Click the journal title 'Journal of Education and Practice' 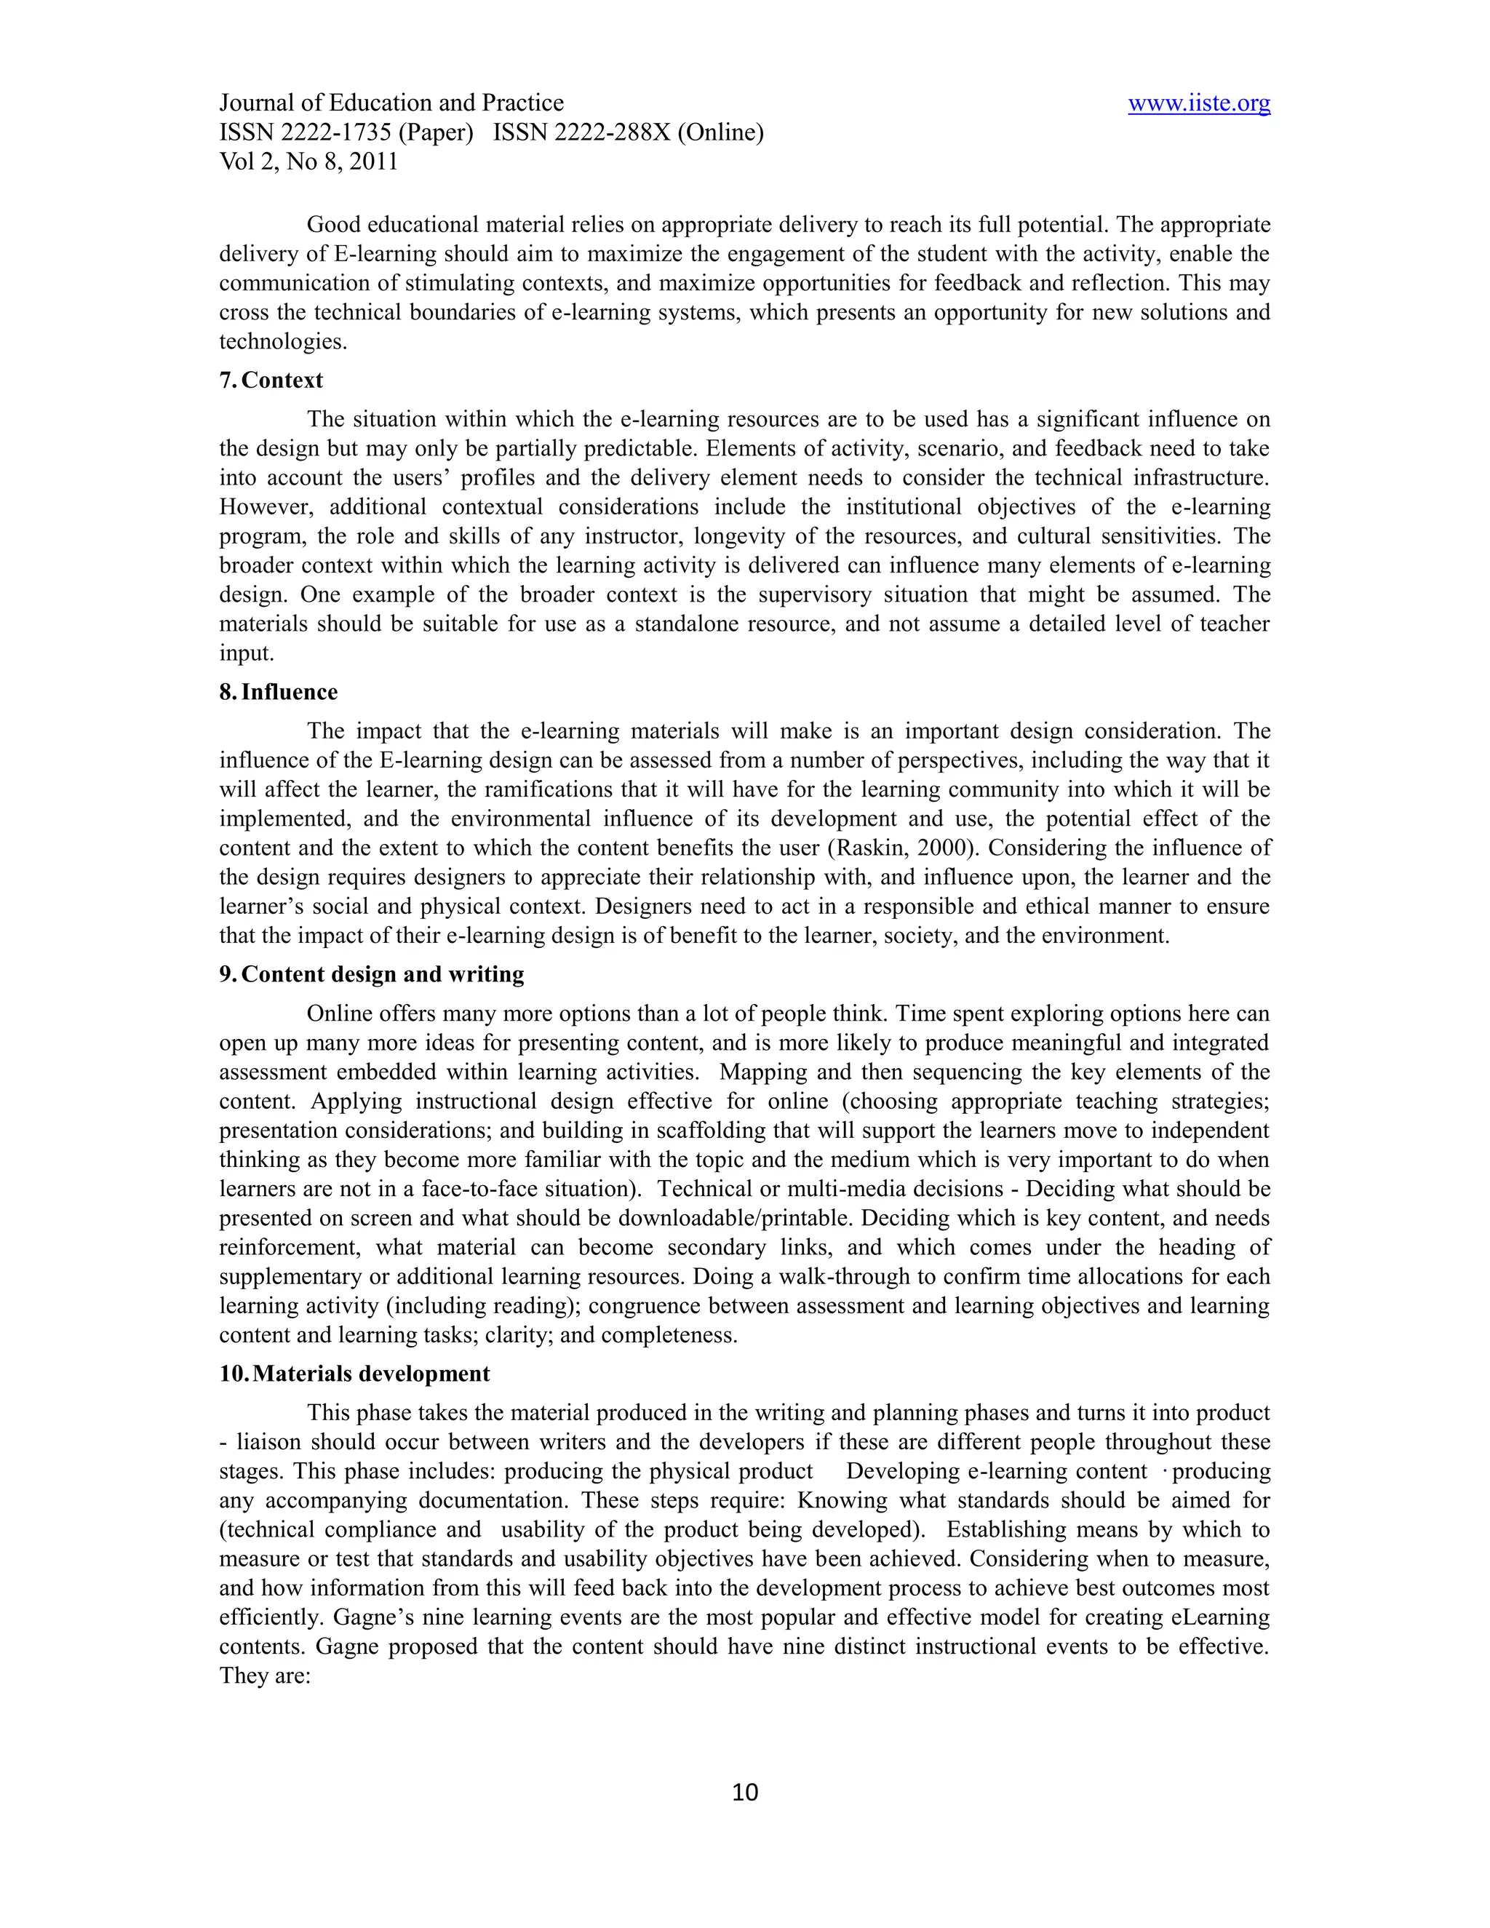pos(391,103)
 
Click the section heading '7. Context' pos(271,381)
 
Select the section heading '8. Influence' pos(278,692)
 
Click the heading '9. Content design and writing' pos(372,975)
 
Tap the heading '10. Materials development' pos(354,1374)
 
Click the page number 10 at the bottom pos(745,1792)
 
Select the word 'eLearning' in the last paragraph pos(1220,1617)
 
